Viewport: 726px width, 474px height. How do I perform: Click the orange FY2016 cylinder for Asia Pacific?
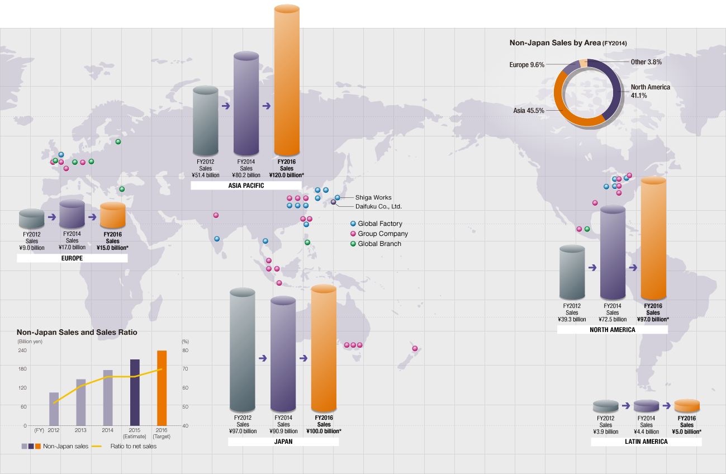[x=287, y=81]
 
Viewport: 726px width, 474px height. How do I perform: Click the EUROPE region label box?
[x=72, y=258]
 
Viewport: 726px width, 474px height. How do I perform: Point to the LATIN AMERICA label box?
[x=646, y=442]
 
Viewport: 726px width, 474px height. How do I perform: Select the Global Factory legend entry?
[x=379, y=224]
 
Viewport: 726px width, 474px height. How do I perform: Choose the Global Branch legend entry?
[x=379, y=244]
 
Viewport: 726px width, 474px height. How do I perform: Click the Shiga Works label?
[x=373, y=197]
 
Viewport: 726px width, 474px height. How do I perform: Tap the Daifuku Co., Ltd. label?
[x=378, y=206]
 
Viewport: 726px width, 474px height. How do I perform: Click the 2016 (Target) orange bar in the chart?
[x=162, y=388]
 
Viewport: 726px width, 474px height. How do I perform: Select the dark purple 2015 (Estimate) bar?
[x=135, y=392]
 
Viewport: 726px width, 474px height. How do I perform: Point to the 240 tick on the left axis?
[x=22, y=350]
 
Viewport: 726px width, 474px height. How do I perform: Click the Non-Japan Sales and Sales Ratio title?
[x=77, y=332]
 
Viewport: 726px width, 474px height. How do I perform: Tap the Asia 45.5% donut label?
[x=529, y=111]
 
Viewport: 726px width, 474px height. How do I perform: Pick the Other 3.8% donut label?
[x=646, y=62]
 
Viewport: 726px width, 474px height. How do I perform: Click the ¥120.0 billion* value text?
[x=286, y=175]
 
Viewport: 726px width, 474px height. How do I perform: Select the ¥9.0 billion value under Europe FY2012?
[x=32, y=248]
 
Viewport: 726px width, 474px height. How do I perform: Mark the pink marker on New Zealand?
[x=415, y=348]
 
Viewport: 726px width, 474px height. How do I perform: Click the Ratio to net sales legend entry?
[x=133, y=447]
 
